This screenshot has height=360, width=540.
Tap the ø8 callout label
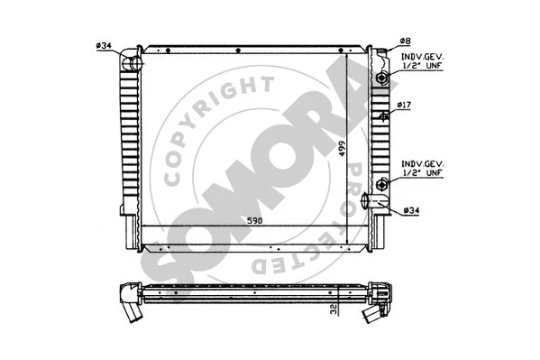[405, 42]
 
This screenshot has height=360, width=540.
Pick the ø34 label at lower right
[411, 211]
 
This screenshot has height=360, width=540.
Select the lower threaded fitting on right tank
[383, 185]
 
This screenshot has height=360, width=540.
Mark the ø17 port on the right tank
[385, 115]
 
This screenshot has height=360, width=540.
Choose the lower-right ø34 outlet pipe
[381, 206]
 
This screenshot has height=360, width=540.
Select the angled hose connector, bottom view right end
[376, 313]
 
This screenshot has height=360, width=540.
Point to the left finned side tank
[126, 149]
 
